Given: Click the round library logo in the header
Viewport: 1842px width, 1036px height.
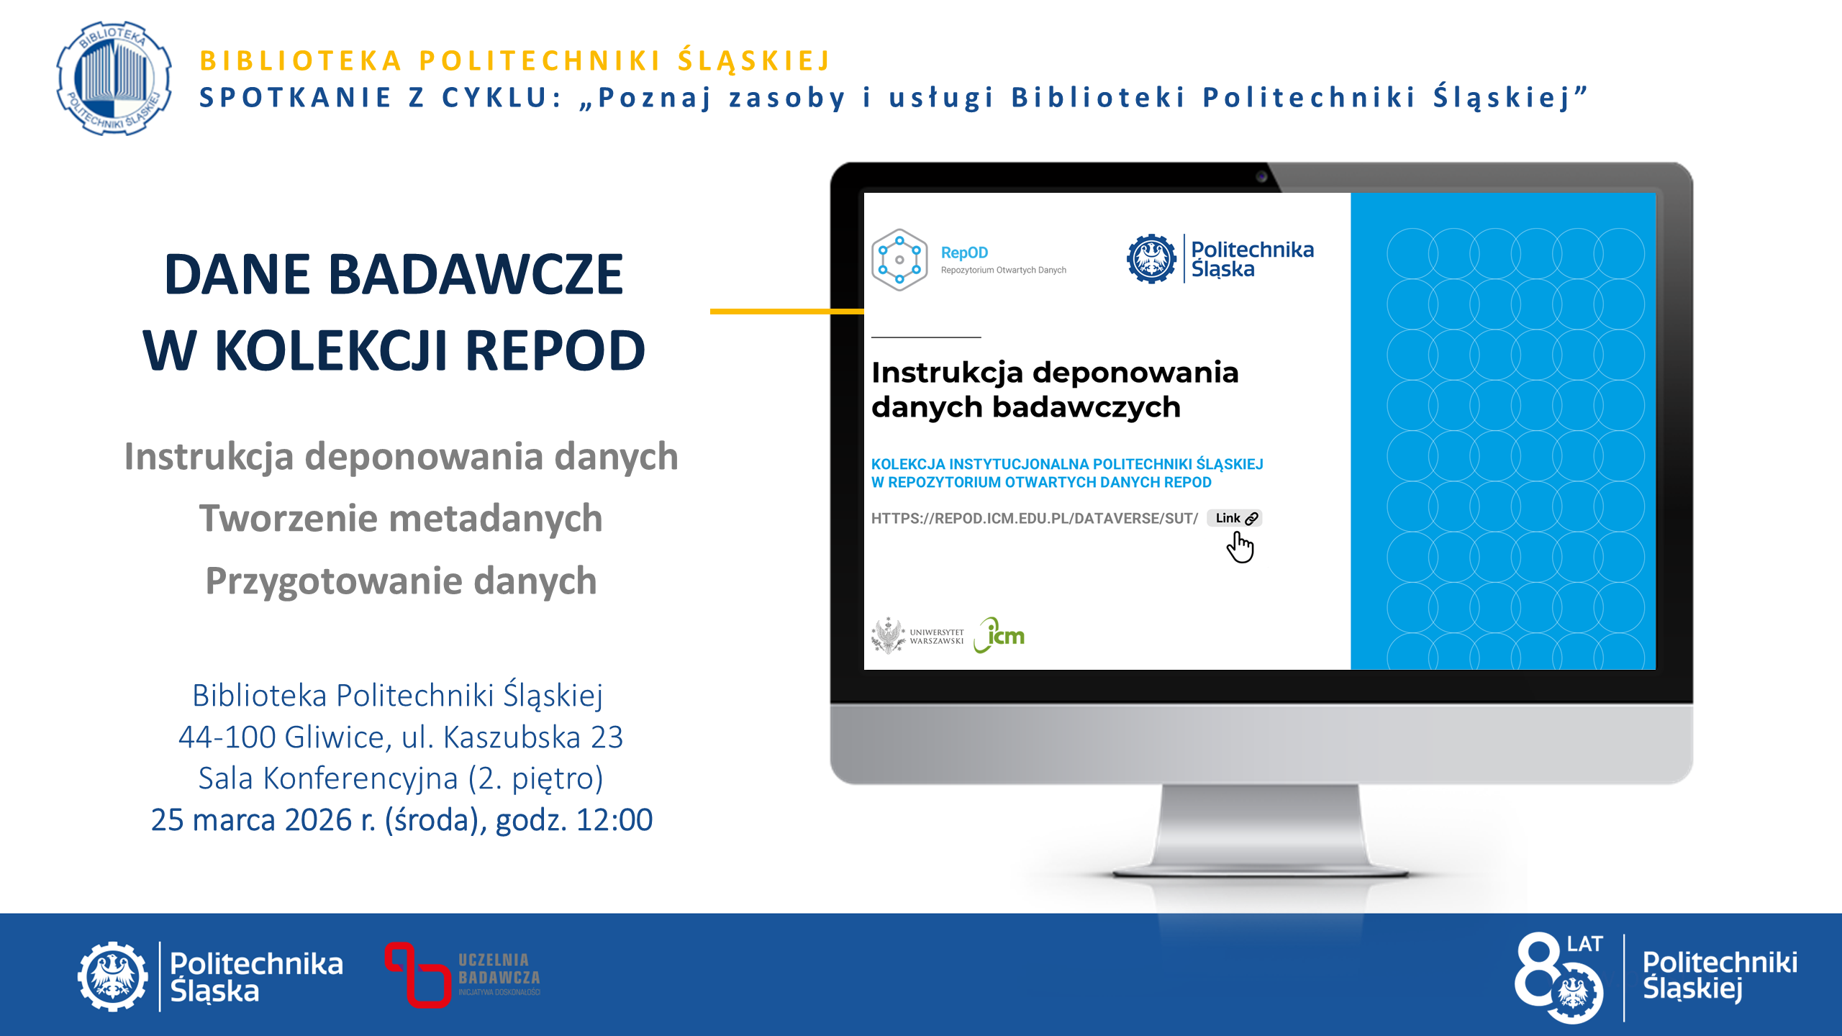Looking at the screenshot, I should (114, 78).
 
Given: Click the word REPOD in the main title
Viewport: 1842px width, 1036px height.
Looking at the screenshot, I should (555, 350).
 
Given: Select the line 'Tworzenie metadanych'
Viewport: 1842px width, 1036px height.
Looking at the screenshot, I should (401, 518).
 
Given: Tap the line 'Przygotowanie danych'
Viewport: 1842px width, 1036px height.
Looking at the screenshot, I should (401, 581).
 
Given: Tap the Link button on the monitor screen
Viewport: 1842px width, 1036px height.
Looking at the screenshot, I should (1235, 518).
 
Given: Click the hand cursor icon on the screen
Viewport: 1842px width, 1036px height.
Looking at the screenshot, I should (1240, 548).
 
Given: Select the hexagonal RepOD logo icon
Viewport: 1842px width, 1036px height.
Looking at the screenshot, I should (899, 260).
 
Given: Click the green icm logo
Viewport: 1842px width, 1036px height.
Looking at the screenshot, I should (999, 635).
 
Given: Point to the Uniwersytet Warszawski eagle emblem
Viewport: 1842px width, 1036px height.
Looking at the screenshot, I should (889, 635).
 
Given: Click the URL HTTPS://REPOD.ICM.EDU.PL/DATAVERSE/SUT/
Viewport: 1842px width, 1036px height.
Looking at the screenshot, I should (1034, 518).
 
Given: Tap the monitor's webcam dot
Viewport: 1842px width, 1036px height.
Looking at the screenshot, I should (1261, 177).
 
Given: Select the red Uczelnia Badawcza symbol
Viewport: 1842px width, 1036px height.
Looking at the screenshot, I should (417, 975).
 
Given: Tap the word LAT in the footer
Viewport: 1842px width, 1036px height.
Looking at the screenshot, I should (1584, 944).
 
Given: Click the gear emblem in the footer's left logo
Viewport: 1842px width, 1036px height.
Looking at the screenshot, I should (113, 976).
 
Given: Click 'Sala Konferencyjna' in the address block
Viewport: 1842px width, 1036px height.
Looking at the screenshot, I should (328, 778).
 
